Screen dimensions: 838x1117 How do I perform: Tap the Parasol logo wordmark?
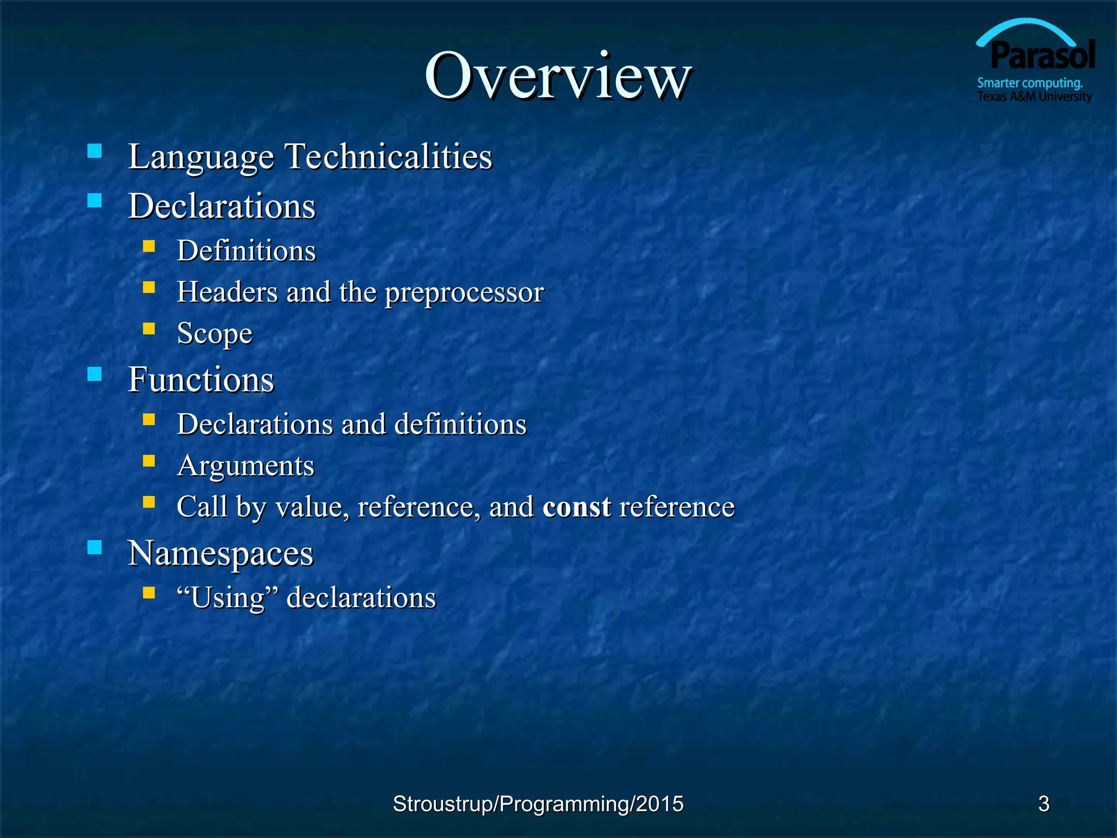(1042, 56)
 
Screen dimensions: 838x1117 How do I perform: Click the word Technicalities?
(388, 157)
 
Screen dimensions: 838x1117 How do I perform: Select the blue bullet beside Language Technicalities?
(95, 151)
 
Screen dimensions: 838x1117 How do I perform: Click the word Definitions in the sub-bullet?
(246, 251)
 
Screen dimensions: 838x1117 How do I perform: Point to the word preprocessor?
(464, 293)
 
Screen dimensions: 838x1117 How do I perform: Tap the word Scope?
(214, 333)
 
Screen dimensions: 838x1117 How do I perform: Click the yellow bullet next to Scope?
(149, 328)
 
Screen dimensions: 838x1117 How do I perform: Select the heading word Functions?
(201, 379)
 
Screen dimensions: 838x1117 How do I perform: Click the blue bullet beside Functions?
(95, 374)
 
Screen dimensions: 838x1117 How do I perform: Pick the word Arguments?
(245, 466)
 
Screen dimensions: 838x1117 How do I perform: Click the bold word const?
(576, 507)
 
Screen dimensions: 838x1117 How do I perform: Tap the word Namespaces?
(220, 553)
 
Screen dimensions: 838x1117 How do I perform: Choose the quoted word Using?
(227, 597)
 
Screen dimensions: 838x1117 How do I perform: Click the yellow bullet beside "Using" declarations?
(149, 592)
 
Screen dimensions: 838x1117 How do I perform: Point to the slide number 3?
(1043, 804)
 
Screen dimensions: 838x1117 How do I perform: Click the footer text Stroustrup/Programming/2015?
(538, 804)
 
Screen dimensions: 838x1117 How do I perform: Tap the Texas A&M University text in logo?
(1034, 97)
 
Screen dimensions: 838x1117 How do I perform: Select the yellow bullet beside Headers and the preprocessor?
(149, 287)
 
